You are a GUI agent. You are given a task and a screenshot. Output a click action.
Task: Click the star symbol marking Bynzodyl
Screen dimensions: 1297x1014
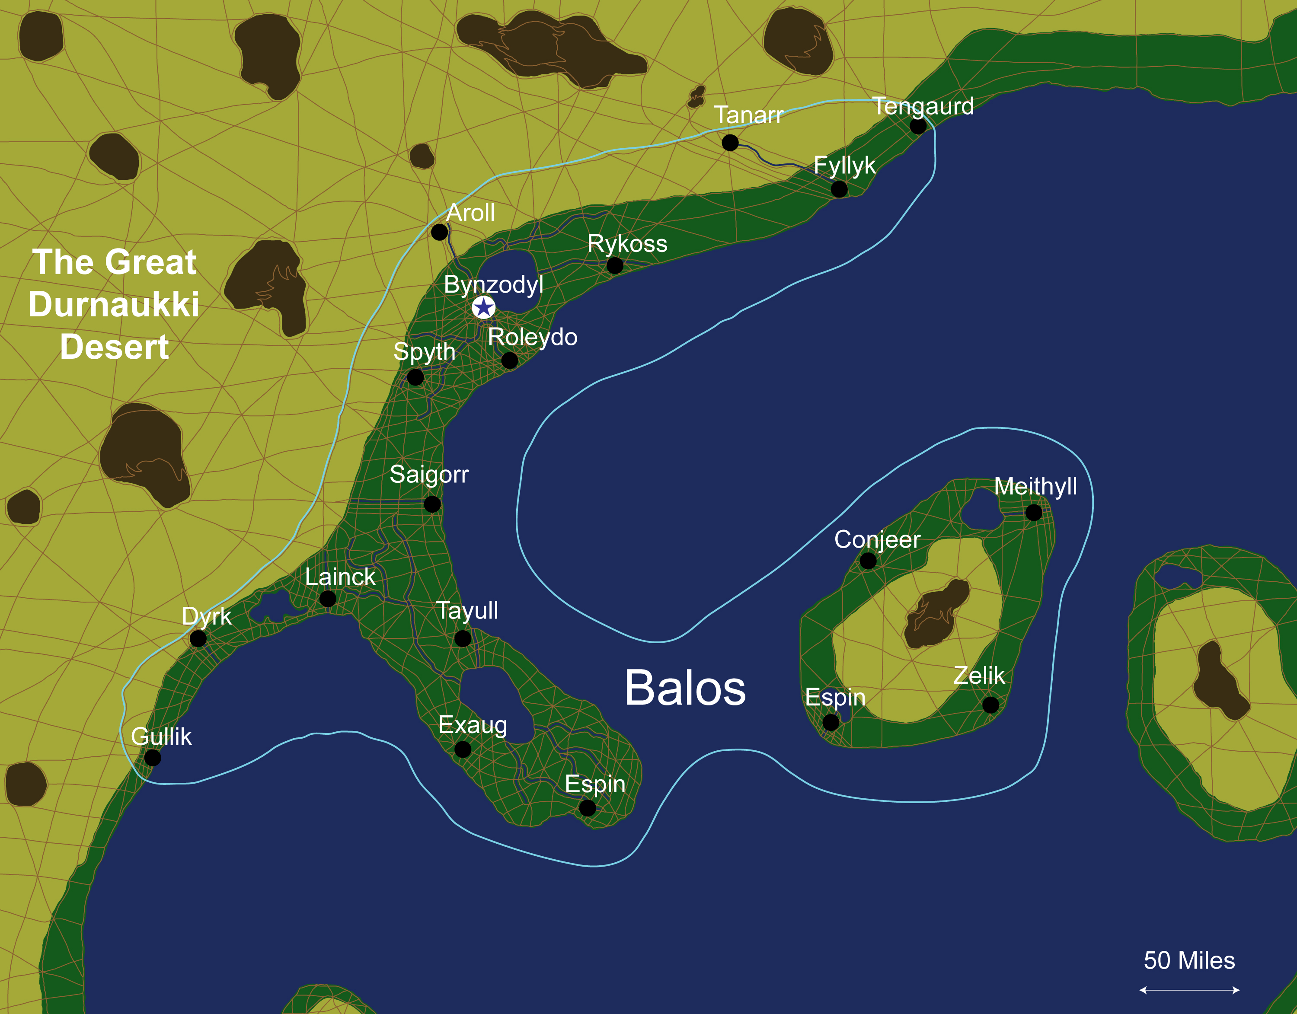pyautogui.click(x=483, y=307)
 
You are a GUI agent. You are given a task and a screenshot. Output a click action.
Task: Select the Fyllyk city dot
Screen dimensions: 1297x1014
pyautogui.click(x=839, y=189)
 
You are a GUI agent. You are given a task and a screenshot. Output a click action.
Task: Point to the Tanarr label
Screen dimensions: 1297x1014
pyautogui.click(x=748, y=115)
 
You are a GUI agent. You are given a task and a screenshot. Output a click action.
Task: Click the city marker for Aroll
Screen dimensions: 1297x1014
pyautogui.click(x=439, y=232)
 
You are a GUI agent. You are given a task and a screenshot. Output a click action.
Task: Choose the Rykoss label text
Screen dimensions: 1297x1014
pyautogui.click(x=627, y=243)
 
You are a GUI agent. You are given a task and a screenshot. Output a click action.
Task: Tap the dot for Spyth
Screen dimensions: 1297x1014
pyautogui.click(x=415, y=377)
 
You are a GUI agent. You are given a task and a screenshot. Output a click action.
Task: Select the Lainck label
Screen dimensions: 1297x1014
pyautogui.click(x=340, y=577)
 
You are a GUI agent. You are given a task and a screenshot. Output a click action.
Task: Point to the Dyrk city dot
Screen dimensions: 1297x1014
pyautogui.click(x=198, y=639)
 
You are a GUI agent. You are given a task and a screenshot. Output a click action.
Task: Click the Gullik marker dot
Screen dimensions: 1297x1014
pyautogui.click(x=153, y=758)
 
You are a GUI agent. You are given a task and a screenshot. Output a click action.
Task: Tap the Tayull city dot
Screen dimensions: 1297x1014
pyautogui.click(x=463, y=639)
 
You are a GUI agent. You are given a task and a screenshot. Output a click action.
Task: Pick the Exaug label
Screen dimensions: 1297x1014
pyautogui.click(x=473, y=725)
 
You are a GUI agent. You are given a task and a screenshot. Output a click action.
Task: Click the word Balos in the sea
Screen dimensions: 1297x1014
pyautogui.click(x=685, y=688)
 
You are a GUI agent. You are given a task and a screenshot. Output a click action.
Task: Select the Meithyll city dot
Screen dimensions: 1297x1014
pyautogui.click(x=1034, y=512)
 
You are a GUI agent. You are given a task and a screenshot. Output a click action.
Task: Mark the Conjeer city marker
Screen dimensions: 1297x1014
pyautogui.click(x=868, y=561)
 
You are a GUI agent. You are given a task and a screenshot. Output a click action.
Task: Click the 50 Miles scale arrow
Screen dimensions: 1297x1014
pyautogui.click(x=1189, y=990)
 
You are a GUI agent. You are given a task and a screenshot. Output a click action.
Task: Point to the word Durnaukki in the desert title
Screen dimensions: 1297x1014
pyautogui.click(x=114, y=305)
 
